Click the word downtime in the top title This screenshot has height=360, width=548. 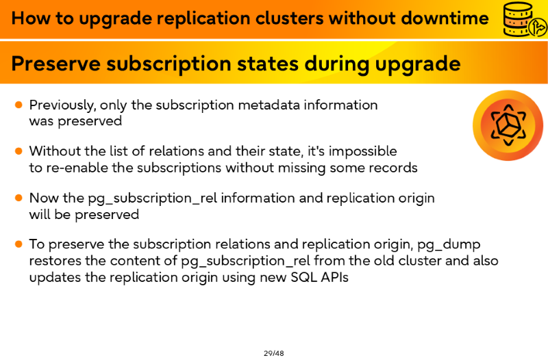[445, 18]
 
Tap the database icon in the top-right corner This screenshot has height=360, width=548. [524, 19]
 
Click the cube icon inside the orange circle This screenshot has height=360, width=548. [508, 125]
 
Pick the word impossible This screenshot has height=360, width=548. [362, 152]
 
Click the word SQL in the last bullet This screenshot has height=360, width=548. [303, 278]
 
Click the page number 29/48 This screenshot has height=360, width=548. [273, 353]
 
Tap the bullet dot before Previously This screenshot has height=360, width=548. [18, 105]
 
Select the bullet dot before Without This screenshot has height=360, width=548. [18, 151]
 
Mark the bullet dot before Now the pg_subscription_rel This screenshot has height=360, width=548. [18, 198]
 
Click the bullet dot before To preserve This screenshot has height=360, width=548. [18, 244]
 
